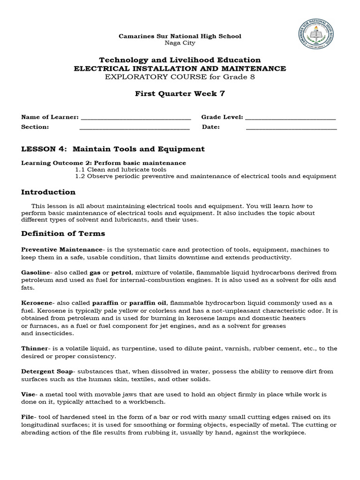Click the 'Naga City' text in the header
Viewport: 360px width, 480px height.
point(180,43)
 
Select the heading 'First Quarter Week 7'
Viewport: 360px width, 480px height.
point(180,93)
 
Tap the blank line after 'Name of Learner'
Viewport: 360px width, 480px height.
point(136,118)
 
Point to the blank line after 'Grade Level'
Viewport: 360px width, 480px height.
point(290,118)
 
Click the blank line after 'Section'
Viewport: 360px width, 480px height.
point(135,127)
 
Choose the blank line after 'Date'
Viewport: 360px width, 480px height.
point(291,127)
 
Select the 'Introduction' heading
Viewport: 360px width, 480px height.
point(48,192)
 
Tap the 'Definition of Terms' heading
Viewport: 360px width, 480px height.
point(63,233)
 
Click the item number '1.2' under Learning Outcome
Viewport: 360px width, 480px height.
point(80,176)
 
